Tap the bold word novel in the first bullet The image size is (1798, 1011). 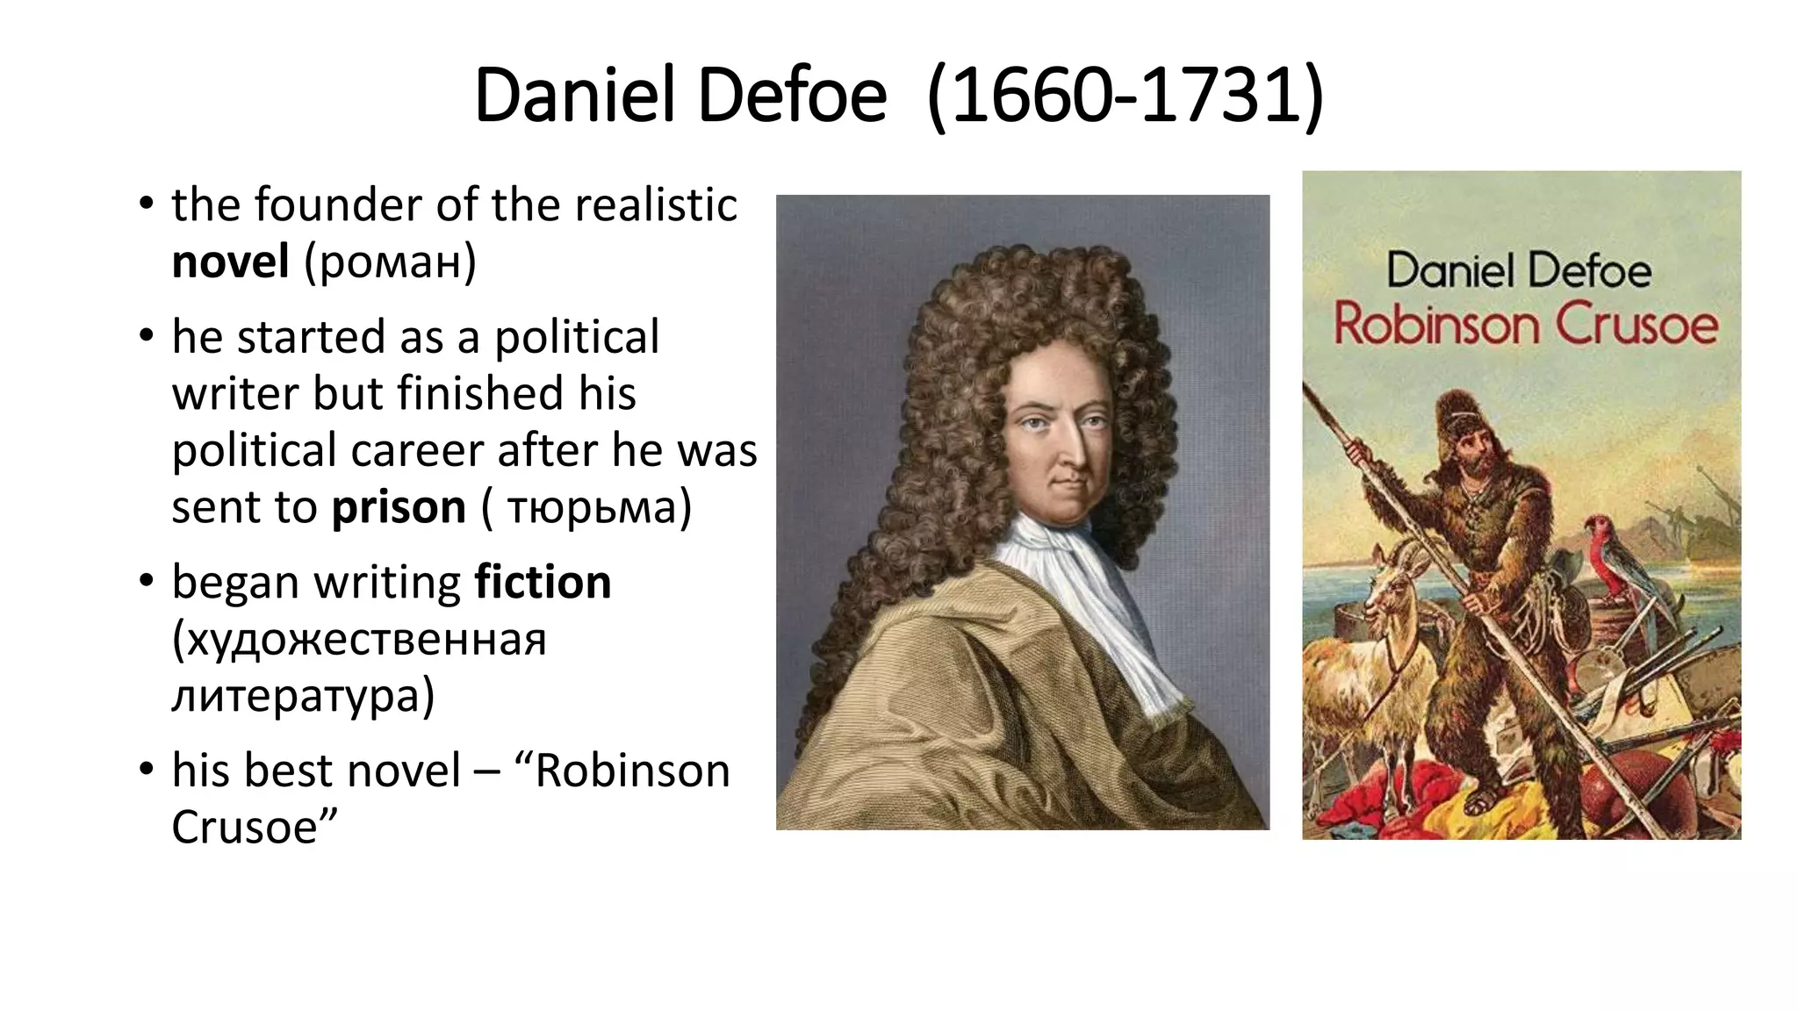click(x=230, y=262)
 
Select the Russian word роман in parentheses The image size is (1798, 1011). click(x=390, y=262)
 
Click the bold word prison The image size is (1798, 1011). click(x=399, y=507)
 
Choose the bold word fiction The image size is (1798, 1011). click(x=543, y=583)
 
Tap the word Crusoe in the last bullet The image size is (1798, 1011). click(x=244, y=827)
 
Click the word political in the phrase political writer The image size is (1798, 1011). click(x=577, y=337)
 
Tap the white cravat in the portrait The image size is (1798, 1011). click(x=1084, y=597)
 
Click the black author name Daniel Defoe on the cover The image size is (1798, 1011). click(x=1519, y=269)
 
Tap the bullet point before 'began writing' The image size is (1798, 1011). click(x=146, y=581)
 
